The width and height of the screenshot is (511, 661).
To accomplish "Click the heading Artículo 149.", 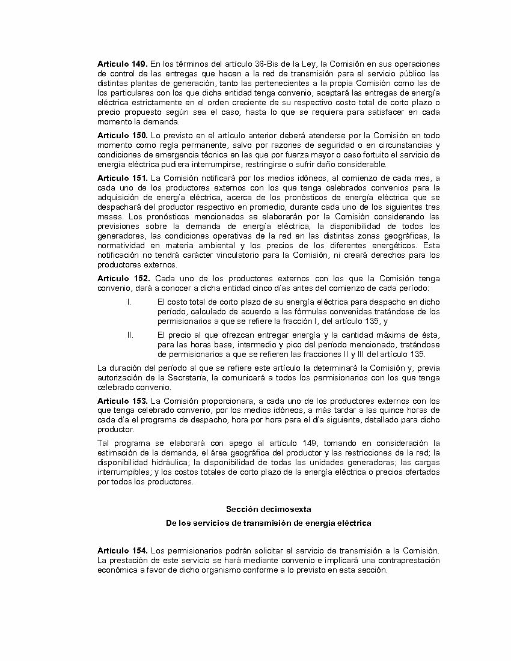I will point(122,64).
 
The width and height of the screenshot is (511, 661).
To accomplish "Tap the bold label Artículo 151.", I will point(122,178).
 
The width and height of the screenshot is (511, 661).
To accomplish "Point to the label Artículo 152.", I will point(123,278).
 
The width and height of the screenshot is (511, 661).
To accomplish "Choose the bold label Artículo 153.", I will point(122,401).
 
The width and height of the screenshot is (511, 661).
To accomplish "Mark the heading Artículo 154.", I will point(122,551).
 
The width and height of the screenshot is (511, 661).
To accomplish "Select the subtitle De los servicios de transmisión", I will point(268,523).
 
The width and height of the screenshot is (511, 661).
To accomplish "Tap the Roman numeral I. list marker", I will point(129,302).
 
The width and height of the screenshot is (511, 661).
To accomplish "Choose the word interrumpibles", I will point(120,472).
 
